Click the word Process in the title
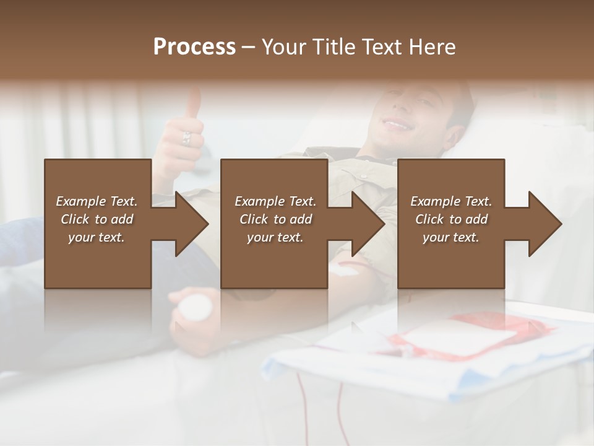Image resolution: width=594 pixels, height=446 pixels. pos(194,47)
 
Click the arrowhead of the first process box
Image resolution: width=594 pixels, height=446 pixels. pos(192,224)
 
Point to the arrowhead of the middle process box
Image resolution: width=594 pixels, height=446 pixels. pos(368,224)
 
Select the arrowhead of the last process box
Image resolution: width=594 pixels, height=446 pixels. pos(545,224)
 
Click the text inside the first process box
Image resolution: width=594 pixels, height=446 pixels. pos(97,219)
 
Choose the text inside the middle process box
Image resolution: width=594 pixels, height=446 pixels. pos(275,219)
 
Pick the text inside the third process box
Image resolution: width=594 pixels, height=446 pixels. pos(451,219)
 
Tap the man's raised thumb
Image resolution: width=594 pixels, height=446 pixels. pos(194,102)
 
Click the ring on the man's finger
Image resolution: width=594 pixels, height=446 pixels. pos(186,138)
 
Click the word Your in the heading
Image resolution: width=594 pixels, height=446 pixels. pos(284,47)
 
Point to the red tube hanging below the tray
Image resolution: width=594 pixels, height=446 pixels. pos(340,409)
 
